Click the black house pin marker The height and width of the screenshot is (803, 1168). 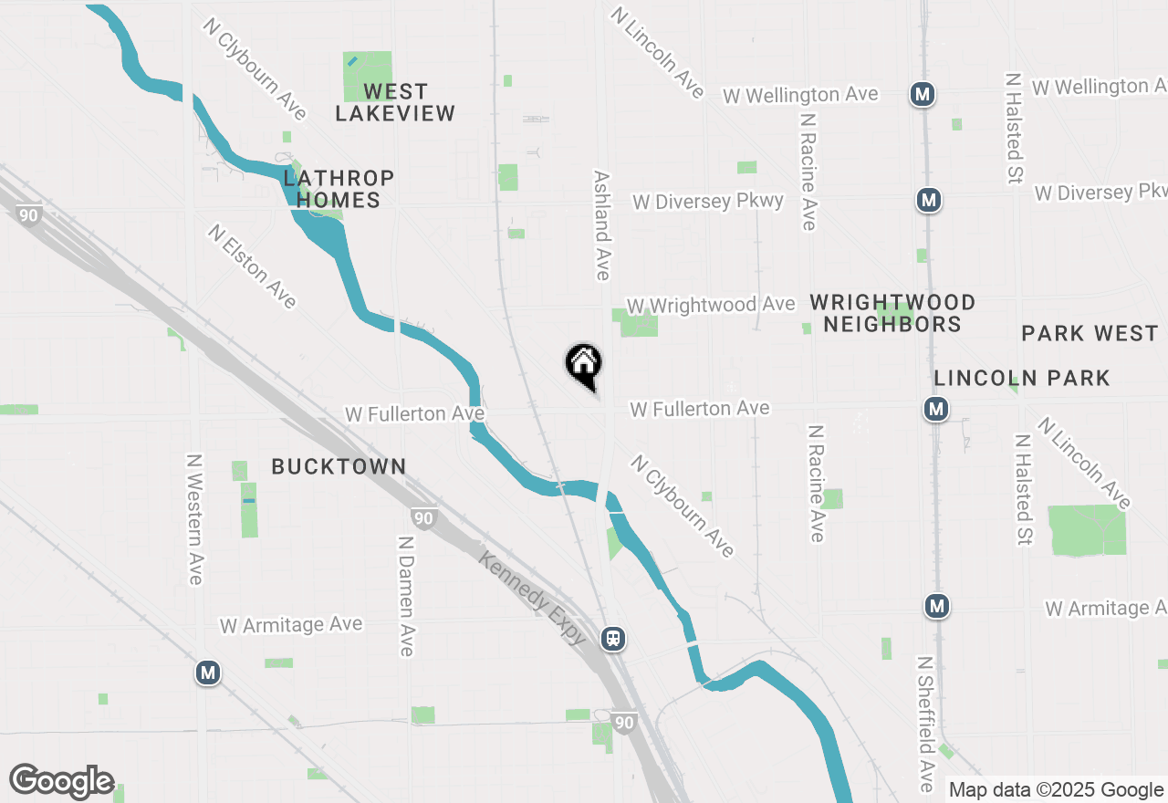[584, 365]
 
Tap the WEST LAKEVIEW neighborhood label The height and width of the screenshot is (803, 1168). [394, 102]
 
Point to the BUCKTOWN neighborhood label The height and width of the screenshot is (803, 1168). [339, 466]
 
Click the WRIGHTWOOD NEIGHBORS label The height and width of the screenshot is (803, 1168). [892, 313]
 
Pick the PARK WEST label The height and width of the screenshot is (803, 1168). [1090, 333]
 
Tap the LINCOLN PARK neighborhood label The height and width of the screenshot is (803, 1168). [1022, 378]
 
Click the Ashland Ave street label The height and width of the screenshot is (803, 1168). [601, 224]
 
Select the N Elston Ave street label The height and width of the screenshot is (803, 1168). [252, 266]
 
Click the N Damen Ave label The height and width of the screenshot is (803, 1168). [406, 595]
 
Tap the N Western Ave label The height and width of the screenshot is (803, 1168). [194, 518]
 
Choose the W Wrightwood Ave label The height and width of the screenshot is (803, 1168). [711, 305]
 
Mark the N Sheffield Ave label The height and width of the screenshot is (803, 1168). [925, 724]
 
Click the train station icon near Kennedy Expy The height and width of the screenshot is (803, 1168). [613, 638]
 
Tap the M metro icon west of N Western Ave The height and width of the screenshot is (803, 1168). [208, 673]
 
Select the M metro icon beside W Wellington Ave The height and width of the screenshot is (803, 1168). [923, 93]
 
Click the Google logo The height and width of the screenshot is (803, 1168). [62, 782]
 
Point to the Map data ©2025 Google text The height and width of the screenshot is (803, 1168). [1056, 789]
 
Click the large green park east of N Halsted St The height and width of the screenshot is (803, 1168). [1086, 529]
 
